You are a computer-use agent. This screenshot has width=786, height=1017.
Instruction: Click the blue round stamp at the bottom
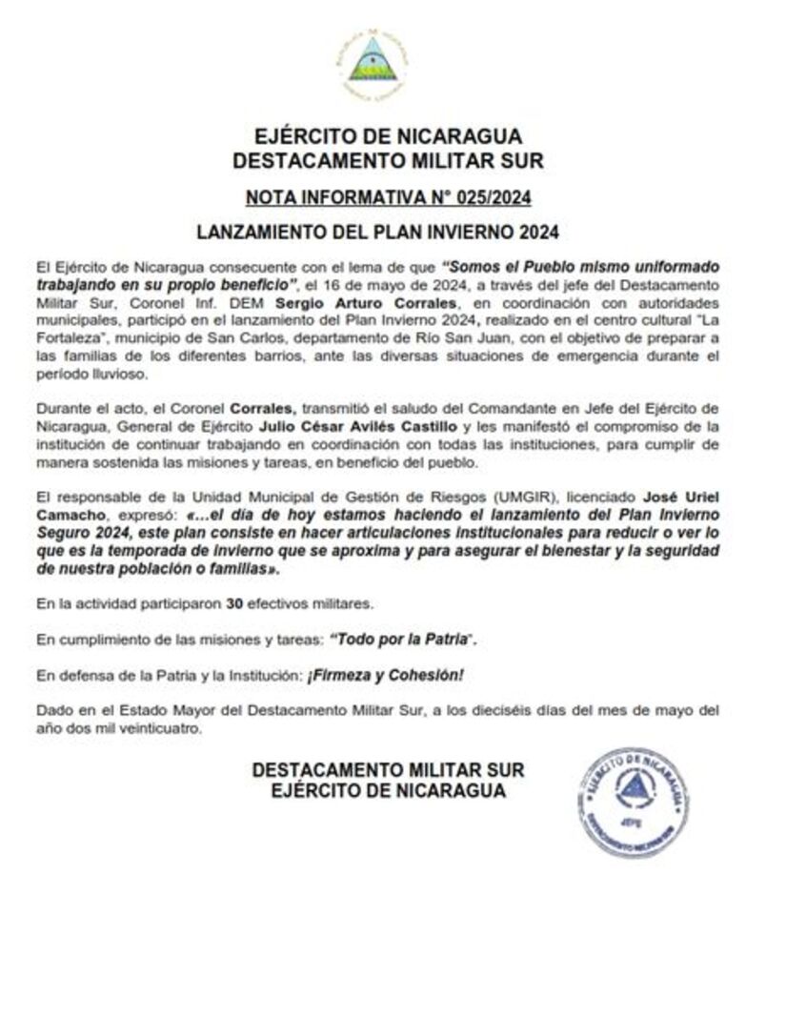coord(634,802)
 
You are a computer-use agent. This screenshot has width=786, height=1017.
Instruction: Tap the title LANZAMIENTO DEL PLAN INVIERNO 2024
coord(388,232)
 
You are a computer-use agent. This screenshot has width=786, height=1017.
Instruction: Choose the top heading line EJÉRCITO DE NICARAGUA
coord(388,137)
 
